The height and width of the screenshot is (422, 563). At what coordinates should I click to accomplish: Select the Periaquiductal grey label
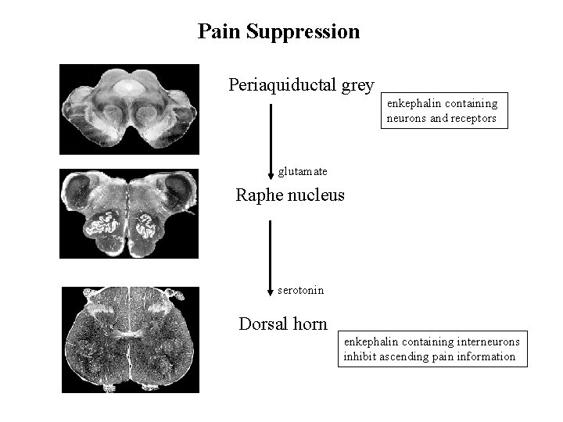(301, 85)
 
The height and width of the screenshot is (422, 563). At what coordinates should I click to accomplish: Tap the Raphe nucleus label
(290, 195)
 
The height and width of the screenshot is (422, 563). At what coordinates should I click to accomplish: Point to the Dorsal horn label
(283, 323)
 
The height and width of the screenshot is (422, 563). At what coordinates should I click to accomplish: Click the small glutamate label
(303, 171)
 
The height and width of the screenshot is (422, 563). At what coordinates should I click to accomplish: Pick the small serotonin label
(300, 291)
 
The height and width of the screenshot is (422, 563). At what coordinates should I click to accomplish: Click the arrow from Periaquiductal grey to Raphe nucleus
(271, 137)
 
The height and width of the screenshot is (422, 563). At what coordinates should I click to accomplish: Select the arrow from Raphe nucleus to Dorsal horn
(271, 254)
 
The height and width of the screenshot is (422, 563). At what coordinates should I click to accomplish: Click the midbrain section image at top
(130, 109)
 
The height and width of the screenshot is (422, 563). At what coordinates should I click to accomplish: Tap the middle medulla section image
(130, 213)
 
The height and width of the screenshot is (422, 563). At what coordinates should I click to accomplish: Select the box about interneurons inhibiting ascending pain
(434, 349)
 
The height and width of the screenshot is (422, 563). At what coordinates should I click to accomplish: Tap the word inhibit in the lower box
(360, 356)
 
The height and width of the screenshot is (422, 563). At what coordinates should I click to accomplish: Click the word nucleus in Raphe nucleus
(315, 195)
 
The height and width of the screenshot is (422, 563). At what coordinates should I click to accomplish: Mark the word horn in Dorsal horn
(310, 323)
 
